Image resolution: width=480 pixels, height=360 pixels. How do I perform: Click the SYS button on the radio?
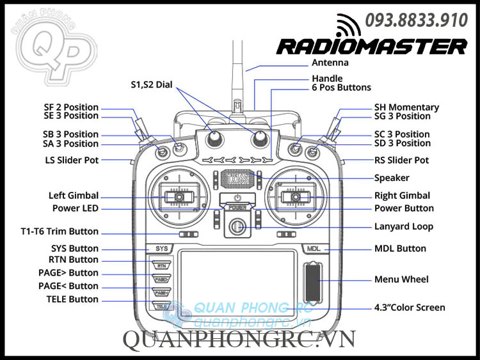162,248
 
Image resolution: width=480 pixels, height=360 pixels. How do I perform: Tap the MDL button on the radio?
313,248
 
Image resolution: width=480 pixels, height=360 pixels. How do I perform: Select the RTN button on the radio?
161,265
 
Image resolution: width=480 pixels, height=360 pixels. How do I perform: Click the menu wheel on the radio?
312,279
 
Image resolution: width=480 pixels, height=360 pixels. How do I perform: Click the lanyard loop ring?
238,226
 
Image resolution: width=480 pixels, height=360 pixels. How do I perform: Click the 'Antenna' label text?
330,63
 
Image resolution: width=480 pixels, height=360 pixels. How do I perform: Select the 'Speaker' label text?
392,178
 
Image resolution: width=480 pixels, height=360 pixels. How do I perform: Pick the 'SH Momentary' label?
406,107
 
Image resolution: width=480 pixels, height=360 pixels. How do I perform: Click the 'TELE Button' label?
72,299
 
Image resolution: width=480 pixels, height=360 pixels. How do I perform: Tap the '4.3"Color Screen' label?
410,308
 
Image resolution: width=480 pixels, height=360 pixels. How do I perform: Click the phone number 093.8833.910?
416,20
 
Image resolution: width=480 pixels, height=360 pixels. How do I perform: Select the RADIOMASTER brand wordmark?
372,46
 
